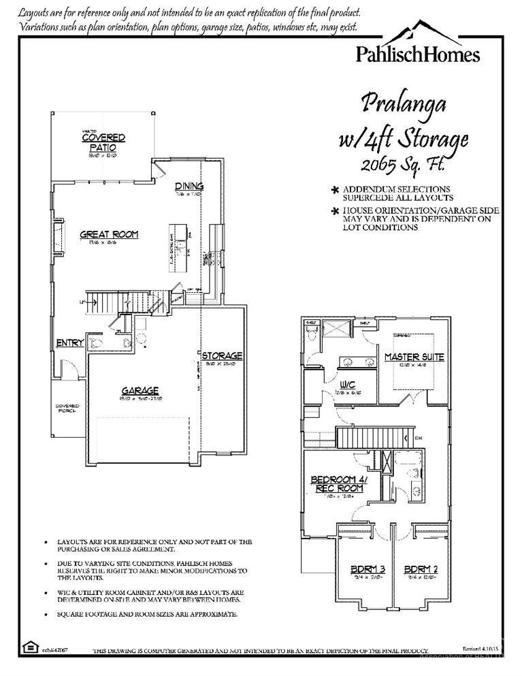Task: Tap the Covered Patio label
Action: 103,142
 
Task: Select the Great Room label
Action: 109,234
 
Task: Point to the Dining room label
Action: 189,187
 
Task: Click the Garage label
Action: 140,391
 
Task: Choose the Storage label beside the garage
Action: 222,355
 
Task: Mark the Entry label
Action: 70,342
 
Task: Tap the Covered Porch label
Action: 68,408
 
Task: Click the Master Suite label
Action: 414,357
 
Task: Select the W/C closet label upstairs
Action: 346,385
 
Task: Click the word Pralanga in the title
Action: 403,103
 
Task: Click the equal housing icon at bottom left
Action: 30,646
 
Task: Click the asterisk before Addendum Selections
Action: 335,190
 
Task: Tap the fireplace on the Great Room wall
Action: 59,238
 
